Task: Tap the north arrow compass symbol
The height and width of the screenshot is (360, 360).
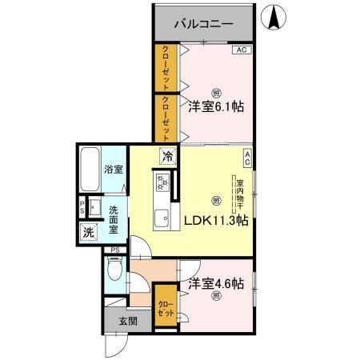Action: [x=275, y=18]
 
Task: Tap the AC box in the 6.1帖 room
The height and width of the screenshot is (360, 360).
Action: [x=242, y=50]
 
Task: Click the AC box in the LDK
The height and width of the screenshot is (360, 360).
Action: [x=247, y=158]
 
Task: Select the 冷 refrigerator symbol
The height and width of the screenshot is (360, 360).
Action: [x=169, y=157]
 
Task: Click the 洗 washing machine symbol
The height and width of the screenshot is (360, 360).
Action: [x=88, y=233]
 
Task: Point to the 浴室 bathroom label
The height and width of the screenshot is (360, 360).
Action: [x=114, y=170]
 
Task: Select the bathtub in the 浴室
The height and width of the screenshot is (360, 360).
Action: [x=91, y=171]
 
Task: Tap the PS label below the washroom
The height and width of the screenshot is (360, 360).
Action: [x=115, y=250]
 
